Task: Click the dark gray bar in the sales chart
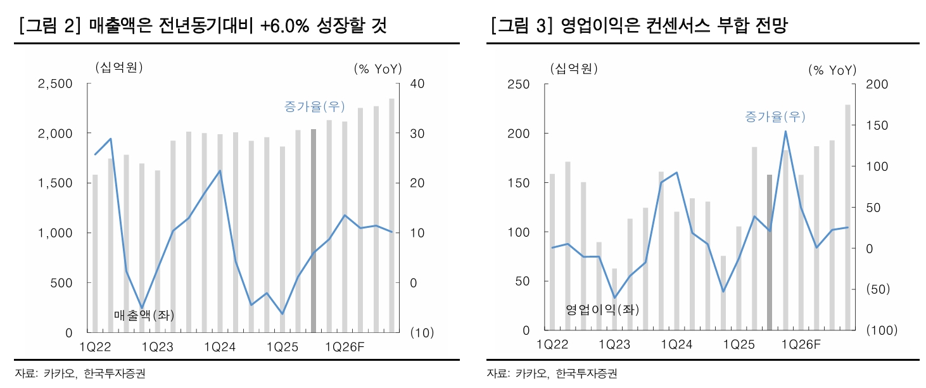click(314, 230)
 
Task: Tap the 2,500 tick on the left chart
click(56, 84)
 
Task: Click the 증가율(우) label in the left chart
click(314, 107)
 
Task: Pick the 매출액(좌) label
click(143, 315)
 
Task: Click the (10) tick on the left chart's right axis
click(421, 333)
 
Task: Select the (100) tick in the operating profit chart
click(880, 330)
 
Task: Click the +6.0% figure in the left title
click(282, 26)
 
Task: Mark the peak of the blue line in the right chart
click(785, 132)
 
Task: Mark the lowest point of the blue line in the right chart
click(614, 297)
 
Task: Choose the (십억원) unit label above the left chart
click(118, 68)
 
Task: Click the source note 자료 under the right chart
click(496, 373)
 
